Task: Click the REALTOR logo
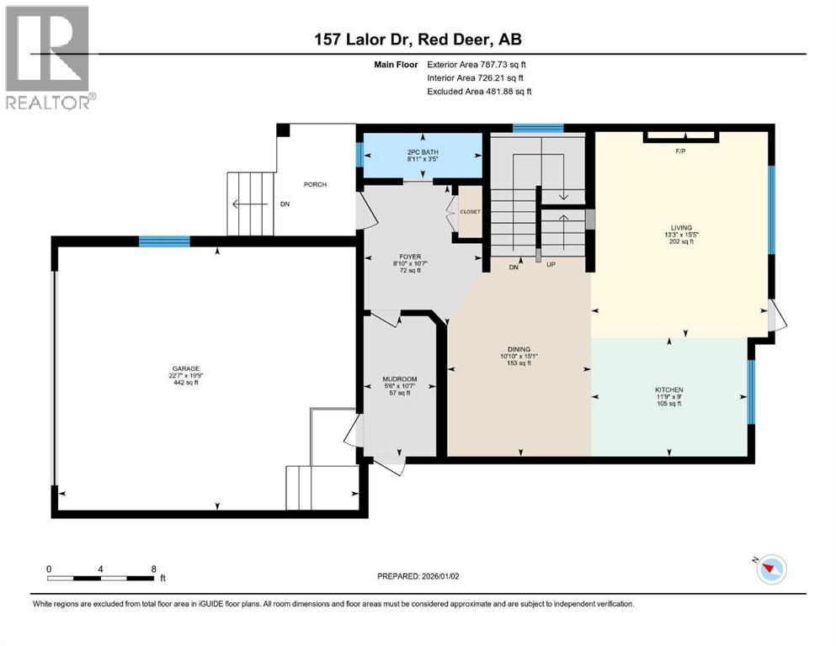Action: tap(48, 57)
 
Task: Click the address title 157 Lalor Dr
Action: tap(418, 40)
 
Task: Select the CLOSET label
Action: tap(469, 211)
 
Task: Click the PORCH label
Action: tap(315, 185)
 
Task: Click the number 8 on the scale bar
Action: tap(153, 569)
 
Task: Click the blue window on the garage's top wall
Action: tap(164, 241)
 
